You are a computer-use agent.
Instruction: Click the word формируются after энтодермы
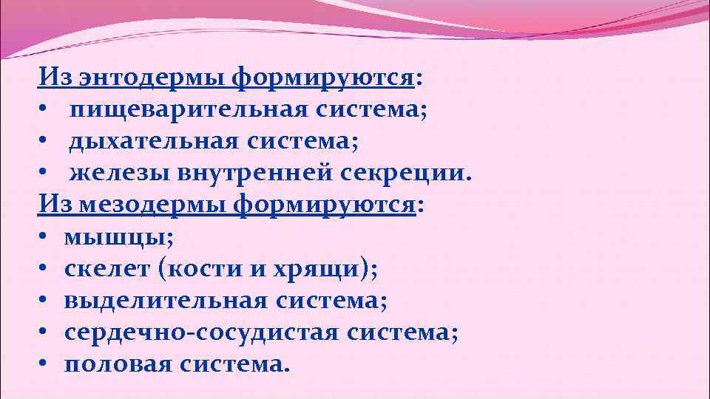click(322, 78)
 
